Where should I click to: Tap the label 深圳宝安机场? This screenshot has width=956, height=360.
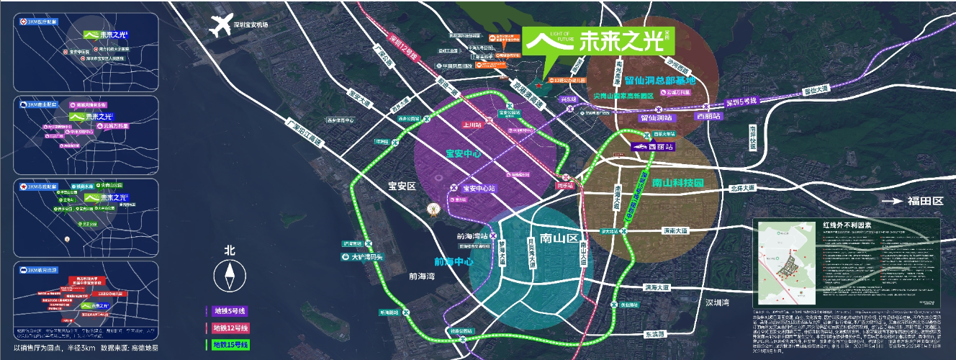251,24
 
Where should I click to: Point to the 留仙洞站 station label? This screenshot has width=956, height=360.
656,117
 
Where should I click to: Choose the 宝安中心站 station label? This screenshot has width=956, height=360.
480,189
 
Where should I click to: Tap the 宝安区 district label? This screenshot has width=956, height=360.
402,186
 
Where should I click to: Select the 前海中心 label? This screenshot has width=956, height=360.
454,262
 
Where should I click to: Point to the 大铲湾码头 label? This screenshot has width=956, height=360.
369,256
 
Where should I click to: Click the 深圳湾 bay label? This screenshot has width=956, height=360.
717,302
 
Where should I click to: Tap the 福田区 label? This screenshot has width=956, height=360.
925,201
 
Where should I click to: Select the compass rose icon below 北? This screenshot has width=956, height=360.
230,276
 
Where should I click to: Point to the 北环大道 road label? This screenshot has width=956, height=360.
742,189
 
